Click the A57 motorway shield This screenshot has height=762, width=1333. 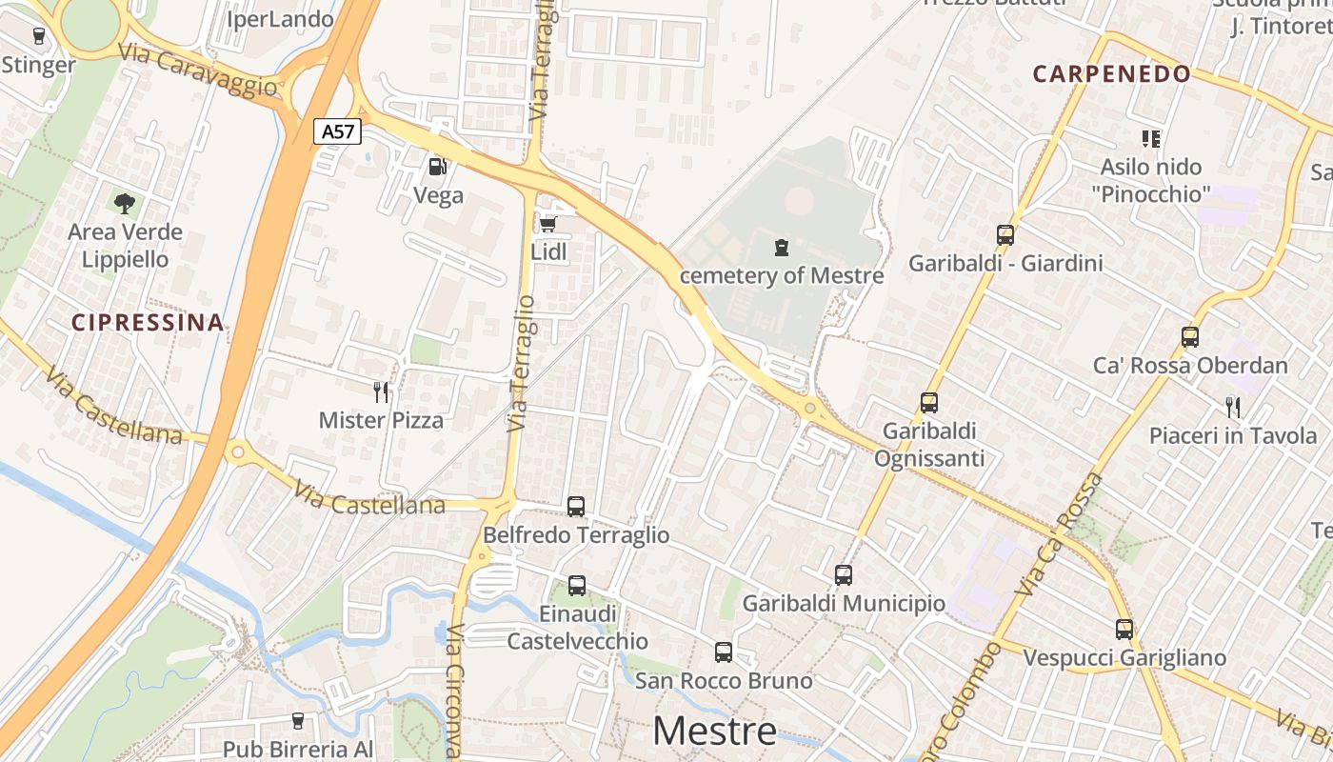[x=338, y=131]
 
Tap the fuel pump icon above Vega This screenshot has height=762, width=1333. [x=437, y=167]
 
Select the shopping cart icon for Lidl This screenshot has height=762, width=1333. [x=547, y=224]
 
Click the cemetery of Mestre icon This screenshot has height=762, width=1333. [x=782, y=249]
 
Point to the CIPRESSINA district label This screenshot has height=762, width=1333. [x=148, y=323]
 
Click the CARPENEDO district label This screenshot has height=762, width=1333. [x=1111, y=74]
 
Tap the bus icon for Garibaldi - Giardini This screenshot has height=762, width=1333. [x=1005, y=234]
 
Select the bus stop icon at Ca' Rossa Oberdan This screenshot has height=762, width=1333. [x=1189, y=336]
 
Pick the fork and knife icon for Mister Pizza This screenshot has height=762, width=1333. [x=381, y=391]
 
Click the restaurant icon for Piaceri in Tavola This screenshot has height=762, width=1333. [x=1233, y=408]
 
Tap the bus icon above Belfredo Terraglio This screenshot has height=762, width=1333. [x=576, y=507]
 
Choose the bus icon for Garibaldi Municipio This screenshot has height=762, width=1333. [x=844, y=574]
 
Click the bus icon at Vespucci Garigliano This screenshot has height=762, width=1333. [x=1124, y=630]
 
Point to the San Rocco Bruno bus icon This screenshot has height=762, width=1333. [x=724, y=652]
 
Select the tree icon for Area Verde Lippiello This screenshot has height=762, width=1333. [x=124, y=203]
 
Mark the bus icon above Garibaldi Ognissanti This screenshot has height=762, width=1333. [x=929, y=403]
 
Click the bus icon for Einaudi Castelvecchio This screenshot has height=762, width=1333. [x=576, y=585]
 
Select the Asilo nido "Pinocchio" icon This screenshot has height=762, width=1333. [x=1151, y=139]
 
